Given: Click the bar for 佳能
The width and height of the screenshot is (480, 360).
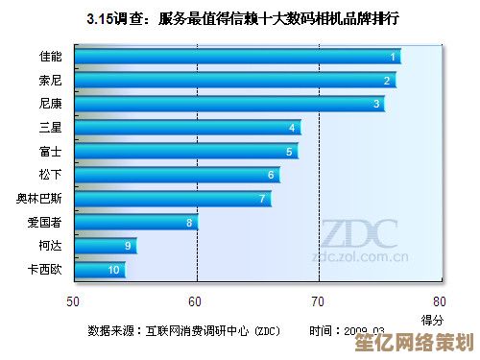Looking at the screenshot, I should pyautogui.click(x=236, y=57).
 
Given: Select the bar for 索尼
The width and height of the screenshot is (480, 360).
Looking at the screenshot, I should pyautogui.click(x=234, y=81).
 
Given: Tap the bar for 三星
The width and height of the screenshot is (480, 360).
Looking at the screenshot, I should pyautogui.click(x=187, y=127).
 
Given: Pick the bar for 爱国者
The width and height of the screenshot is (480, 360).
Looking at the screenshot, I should pyautogui.click(x=135, y=222).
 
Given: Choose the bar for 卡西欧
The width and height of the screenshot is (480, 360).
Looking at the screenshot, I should pyautogui.click(x=100, y=270).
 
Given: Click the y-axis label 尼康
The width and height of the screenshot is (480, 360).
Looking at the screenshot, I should pyautogui.click(x=51, y=104).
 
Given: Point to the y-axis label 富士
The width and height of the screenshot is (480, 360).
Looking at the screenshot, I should pyautogui.click(x=51, y=151).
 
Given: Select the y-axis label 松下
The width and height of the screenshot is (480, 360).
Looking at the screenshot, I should pyautogui.click(x=51, y=175).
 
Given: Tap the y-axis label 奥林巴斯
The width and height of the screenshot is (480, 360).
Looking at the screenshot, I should pyautogui.click(x=39, y=199).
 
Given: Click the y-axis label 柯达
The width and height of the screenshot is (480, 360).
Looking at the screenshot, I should pyautogui.click(x=51, y=246).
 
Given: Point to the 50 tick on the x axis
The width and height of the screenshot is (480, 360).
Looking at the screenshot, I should pyautogui.click(x=74, y=300).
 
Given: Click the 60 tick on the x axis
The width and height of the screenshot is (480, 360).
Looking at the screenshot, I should pyautogui.click(x=196, y=300).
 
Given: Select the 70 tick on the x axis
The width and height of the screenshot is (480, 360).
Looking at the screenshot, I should pyautogui.click(x=318, y=300).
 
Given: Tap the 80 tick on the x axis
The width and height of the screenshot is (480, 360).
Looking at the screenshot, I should pyautogui.click(x=439, y=300).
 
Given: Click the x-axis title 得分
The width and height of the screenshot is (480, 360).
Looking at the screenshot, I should pyautogui.click(x=432, y=319).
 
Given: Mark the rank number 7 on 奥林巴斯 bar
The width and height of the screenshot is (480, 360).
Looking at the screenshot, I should pyautogui.click(x=261, y=199).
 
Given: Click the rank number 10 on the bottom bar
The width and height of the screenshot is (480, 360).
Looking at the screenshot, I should pyautogui.click(x=113, y=271).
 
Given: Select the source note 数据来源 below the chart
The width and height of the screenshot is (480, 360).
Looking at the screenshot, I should pyautogui.click(x=183, y=331).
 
